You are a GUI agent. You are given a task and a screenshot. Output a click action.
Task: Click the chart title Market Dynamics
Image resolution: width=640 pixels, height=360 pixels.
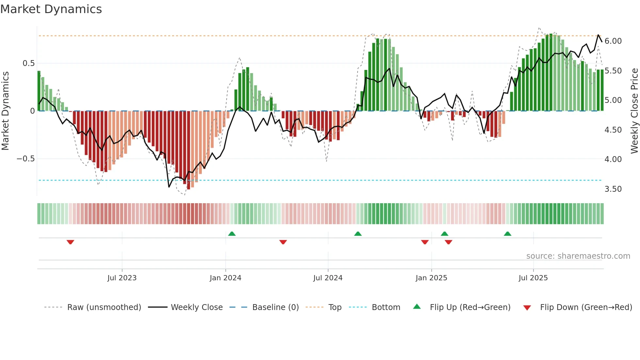(x=51, y=9)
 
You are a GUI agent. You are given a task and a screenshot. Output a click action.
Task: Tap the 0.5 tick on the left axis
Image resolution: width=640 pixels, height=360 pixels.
(x=28, y=63)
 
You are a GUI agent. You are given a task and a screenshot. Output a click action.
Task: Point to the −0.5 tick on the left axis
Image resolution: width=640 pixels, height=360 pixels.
(x=25, y=159)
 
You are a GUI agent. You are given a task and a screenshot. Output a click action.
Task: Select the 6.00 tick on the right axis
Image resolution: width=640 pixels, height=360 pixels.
(x=613, y=41)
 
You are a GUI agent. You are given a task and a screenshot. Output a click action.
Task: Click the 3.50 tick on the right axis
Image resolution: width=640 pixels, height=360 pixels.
(x=613, y=189)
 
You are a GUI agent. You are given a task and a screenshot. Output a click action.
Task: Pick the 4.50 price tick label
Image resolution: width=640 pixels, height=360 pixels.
(x=613, y=130)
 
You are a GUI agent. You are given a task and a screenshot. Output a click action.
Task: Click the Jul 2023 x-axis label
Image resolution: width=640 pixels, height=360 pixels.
(x=122, y=278)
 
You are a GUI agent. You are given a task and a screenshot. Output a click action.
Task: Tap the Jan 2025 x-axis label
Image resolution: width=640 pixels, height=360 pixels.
(x=431, y=278)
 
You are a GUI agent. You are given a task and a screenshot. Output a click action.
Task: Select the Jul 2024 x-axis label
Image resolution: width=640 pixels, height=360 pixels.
(x=328, y=278)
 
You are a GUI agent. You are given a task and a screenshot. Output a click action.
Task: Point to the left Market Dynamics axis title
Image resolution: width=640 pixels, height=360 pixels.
(x=5, y=111)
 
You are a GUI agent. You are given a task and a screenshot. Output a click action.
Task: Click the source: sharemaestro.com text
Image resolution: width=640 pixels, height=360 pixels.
(x=578, y=256)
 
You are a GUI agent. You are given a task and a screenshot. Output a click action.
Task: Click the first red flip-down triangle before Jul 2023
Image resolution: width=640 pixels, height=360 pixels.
(x=70, y=242)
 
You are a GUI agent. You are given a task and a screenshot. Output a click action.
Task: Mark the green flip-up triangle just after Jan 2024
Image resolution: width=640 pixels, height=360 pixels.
(x=232, y=234)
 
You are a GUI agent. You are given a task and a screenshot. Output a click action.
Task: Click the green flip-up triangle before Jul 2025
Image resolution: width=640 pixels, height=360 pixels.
(x=507, y=234)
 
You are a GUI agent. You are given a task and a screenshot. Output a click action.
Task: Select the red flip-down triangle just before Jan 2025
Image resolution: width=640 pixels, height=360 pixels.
(x=424, y=242)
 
